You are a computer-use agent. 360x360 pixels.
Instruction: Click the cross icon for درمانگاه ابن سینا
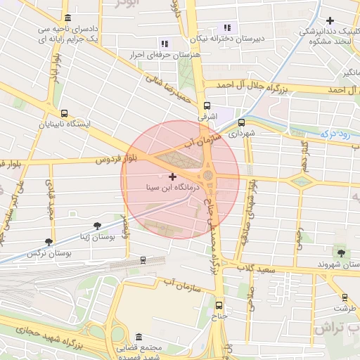click(173, 176)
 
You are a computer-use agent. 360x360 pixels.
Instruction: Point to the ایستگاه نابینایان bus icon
click(65, 112)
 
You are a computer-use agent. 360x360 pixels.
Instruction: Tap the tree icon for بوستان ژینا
click(97, 226)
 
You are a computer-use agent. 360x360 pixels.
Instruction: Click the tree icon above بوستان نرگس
click(49, 241)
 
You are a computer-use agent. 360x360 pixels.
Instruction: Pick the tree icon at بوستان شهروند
click(342, 252)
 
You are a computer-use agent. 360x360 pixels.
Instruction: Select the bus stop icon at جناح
click(219, 305)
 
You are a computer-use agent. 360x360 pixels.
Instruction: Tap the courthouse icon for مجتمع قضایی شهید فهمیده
click(139, 337)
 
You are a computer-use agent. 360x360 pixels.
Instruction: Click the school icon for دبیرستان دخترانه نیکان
click(225, 27)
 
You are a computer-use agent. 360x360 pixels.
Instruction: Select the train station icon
click(143, 260)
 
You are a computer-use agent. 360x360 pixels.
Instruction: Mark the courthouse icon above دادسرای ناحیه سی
click(67, 18)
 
